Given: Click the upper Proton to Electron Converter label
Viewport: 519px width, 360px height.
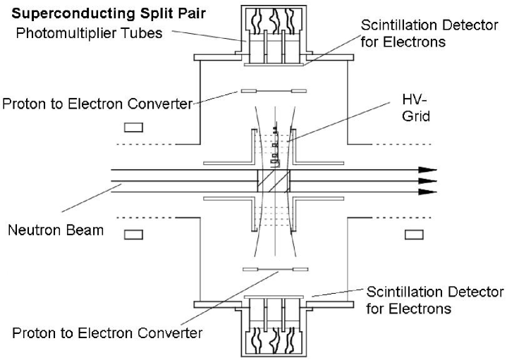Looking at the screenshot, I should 97,104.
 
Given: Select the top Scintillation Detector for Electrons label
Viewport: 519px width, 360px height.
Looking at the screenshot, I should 429,32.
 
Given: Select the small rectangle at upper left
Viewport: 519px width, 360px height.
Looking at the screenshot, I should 133,128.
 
